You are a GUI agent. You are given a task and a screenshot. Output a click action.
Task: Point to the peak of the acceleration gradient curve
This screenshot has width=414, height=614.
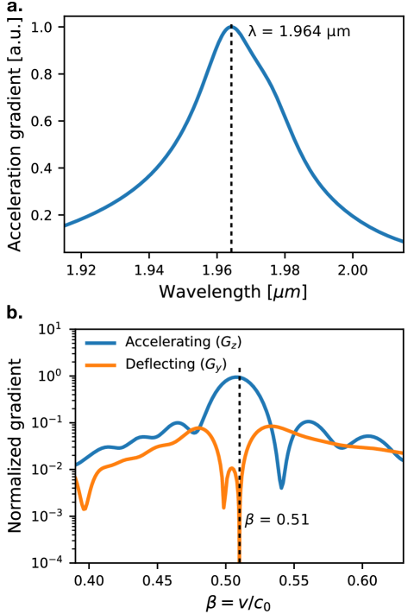[x=231, y=27]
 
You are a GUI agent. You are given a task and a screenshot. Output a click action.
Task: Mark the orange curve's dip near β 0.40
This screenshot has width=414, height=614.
[x=84, y=509]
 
